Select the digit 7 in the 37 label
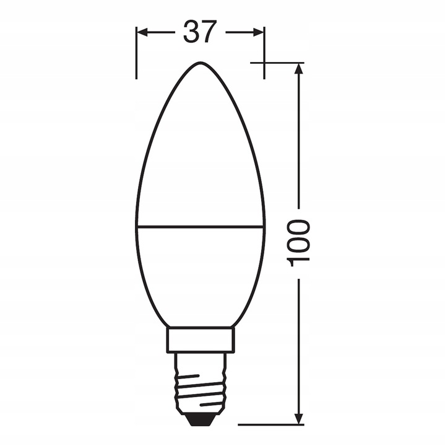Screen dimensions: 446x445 click(210, 32)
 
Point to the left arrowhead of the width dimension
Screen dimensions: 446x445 click(141, 32)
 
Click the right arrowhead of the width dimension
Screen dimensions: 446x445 click(259, 32)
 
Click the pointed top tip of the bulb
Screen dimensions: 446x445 click(200, 63)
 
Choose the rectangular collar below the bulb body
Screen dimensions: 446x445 click(200, 339)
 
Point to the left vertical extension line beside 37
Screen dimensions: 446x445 click(136, 62)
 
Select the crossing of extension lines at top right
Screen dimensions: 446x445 click(264, 63)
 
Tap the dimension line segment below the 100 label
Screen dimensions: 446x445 click(300, 347)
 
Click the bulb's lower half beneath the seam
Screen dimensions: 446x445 click(200, 273)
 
